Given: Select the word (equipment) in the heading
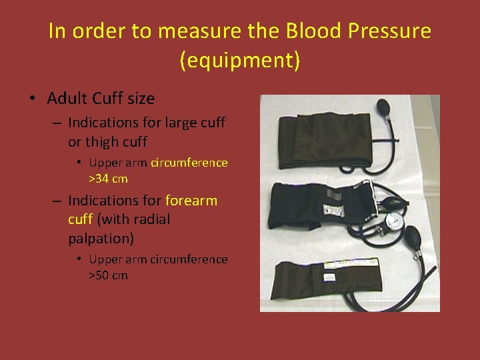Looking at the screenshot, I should pyautogui.click(x=240, y=60).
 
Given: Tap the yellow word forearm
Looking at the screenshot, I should pyautogui.click(x=191, y=200).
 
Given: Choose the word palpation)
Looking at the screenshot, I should pyautogui.click(x=100, y=238).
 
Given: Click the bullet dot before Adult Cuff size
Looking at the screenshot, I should pyautogui.click(x=32, y=99).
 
